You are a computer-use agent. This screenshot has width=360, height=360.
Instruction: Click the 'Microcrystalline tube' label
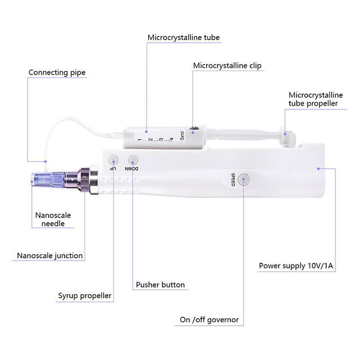click(x=184, y=37)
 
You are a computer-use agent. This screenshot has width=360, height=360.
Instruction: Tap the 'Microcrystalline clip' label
click(x=227, y=66)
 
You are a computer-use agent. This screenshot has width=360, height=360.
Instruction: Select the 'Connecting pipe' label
click(x=57, y=72)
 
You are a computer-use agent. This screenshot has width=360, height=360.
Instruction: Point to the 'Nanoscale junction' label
click(x=50, y=256)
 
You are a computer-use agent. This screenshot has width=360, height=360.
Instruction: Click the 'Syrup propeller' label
click(x=85, y=296)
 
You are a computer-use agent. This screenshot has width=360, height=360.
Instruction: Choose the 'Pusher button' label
click(x=160, y=285)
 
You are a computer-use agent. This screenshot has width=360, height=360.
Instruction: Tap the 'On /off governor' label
click(x=209, y=319)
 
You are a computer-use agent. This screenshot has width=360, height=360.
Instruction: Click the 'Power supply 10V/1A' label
click(x=296, y=265)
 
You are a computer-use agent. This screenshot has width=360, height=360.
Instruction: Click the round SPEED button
click(x=243, y=180)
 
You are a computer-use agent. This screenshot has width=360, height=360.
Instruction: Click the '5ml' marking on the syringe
click(x=182, y=136)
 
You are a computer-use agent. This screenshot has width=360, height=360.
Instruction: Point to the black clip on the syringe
click(x=193, y=129)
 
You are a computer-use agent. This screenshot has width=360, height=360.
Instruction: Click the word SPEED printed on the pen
click(x=233, y=180)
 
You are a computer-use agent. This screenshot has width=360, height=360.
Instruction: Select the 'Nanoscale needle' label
click(x=53, y=219)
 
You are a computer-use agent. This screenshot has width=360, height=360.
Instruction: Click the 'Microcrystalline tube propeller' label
click(x=315, y=99)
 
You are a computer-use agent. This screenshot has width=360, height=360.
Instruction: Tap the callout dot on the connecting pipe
click(x=45, y=162)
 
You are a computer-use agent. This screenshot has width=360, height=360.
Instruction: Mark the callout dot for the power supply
click(x=319, y=169)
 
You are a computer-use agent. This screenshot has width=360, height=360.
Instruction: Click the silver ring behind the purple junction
click(x=94, y=180)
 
